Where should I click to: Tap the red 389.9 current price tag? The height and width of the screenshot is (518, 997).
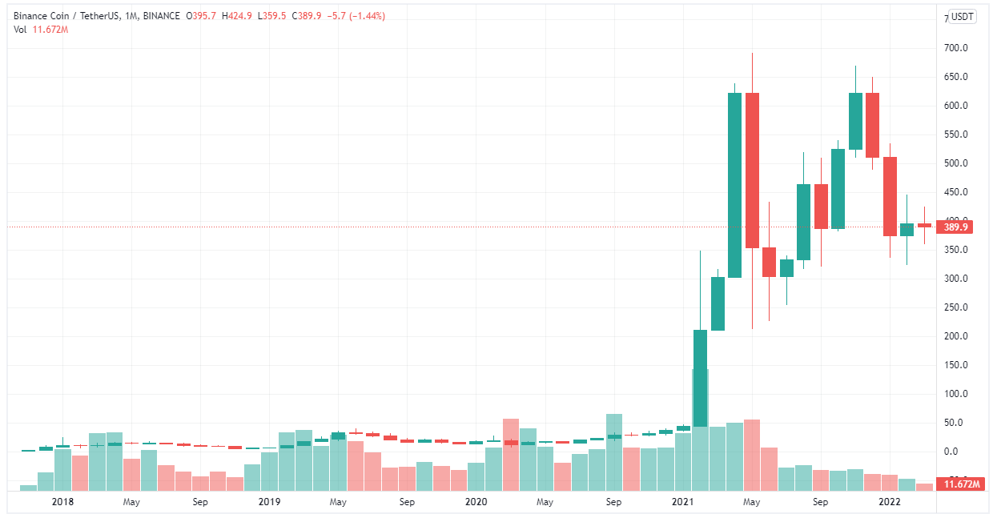[956, 227]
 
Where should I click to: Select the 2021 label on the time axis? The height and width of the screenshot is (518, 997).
[682, 502]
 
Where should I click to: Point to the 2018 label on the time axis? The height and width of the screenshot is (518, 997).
[62, 502]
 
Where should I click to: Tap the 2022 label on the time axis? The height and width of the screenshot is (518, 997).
[889, 502]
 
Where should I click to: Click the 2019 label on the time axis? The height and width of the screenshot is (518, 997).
[269, 502]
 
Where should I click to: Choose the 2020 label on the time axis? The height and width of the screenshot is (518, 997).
[476, 502]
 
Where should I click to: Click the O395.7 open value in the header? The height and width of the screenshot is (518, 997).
[207, 16]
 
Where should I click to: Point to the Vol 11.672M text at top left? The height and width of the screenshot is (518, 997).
[41, 30]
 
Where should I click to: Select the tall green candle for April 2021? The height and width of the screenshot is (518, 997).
[734, 184]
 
